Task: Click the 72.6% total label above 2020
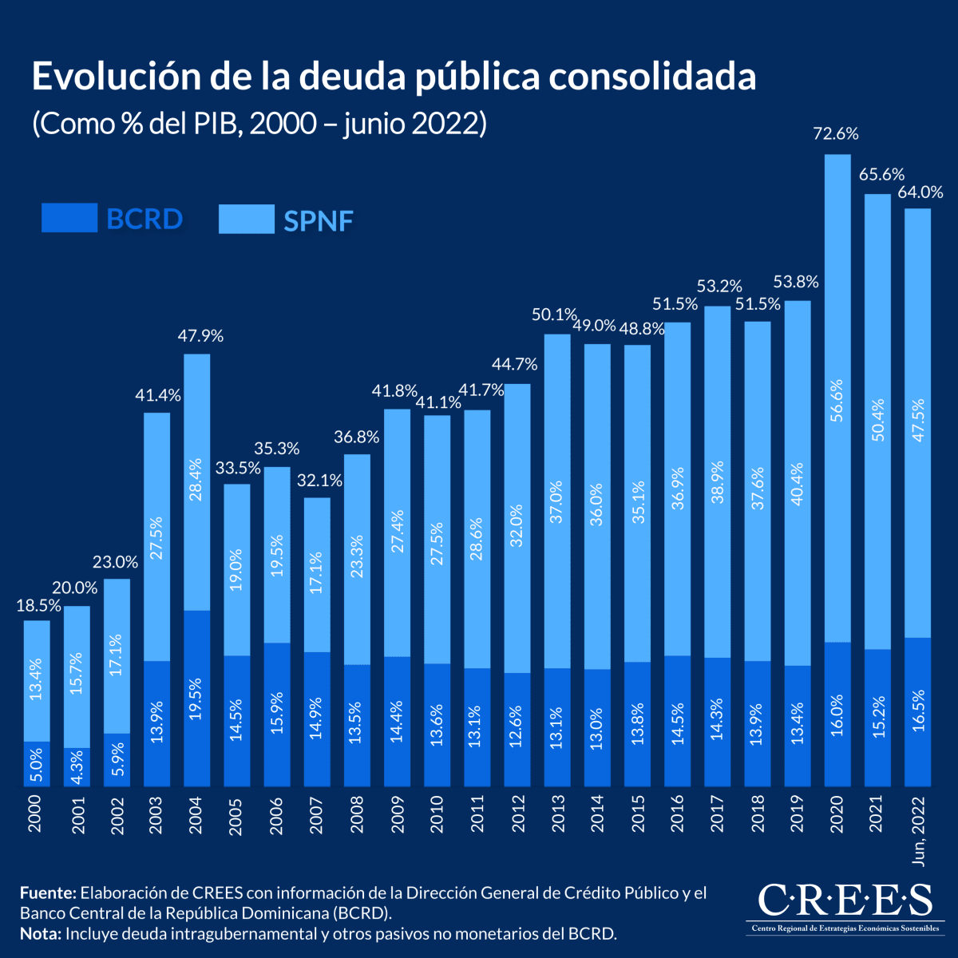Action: click(x=836, y=134)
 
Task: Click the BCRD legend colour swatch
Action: click(x=69, y=218)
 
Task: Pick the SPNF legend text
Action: click(x=318, y=220)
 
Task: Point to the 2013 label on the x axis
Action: click(x=556, y=814)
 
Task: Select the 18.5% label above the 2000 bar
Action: click(x=38, y=606)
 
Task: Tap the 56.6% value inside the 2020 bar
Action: click(x=837, y=406)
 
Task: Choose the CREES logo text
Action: click(x=844, y=900)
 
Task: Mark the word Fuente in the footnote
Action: click(x=47, y=893)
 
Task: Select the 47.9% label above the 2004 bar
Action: click(x=200, y=336)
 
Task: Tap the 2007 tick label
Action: click(x=317, y=814)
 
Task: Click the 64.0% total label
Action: click(x=920, y=192)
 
